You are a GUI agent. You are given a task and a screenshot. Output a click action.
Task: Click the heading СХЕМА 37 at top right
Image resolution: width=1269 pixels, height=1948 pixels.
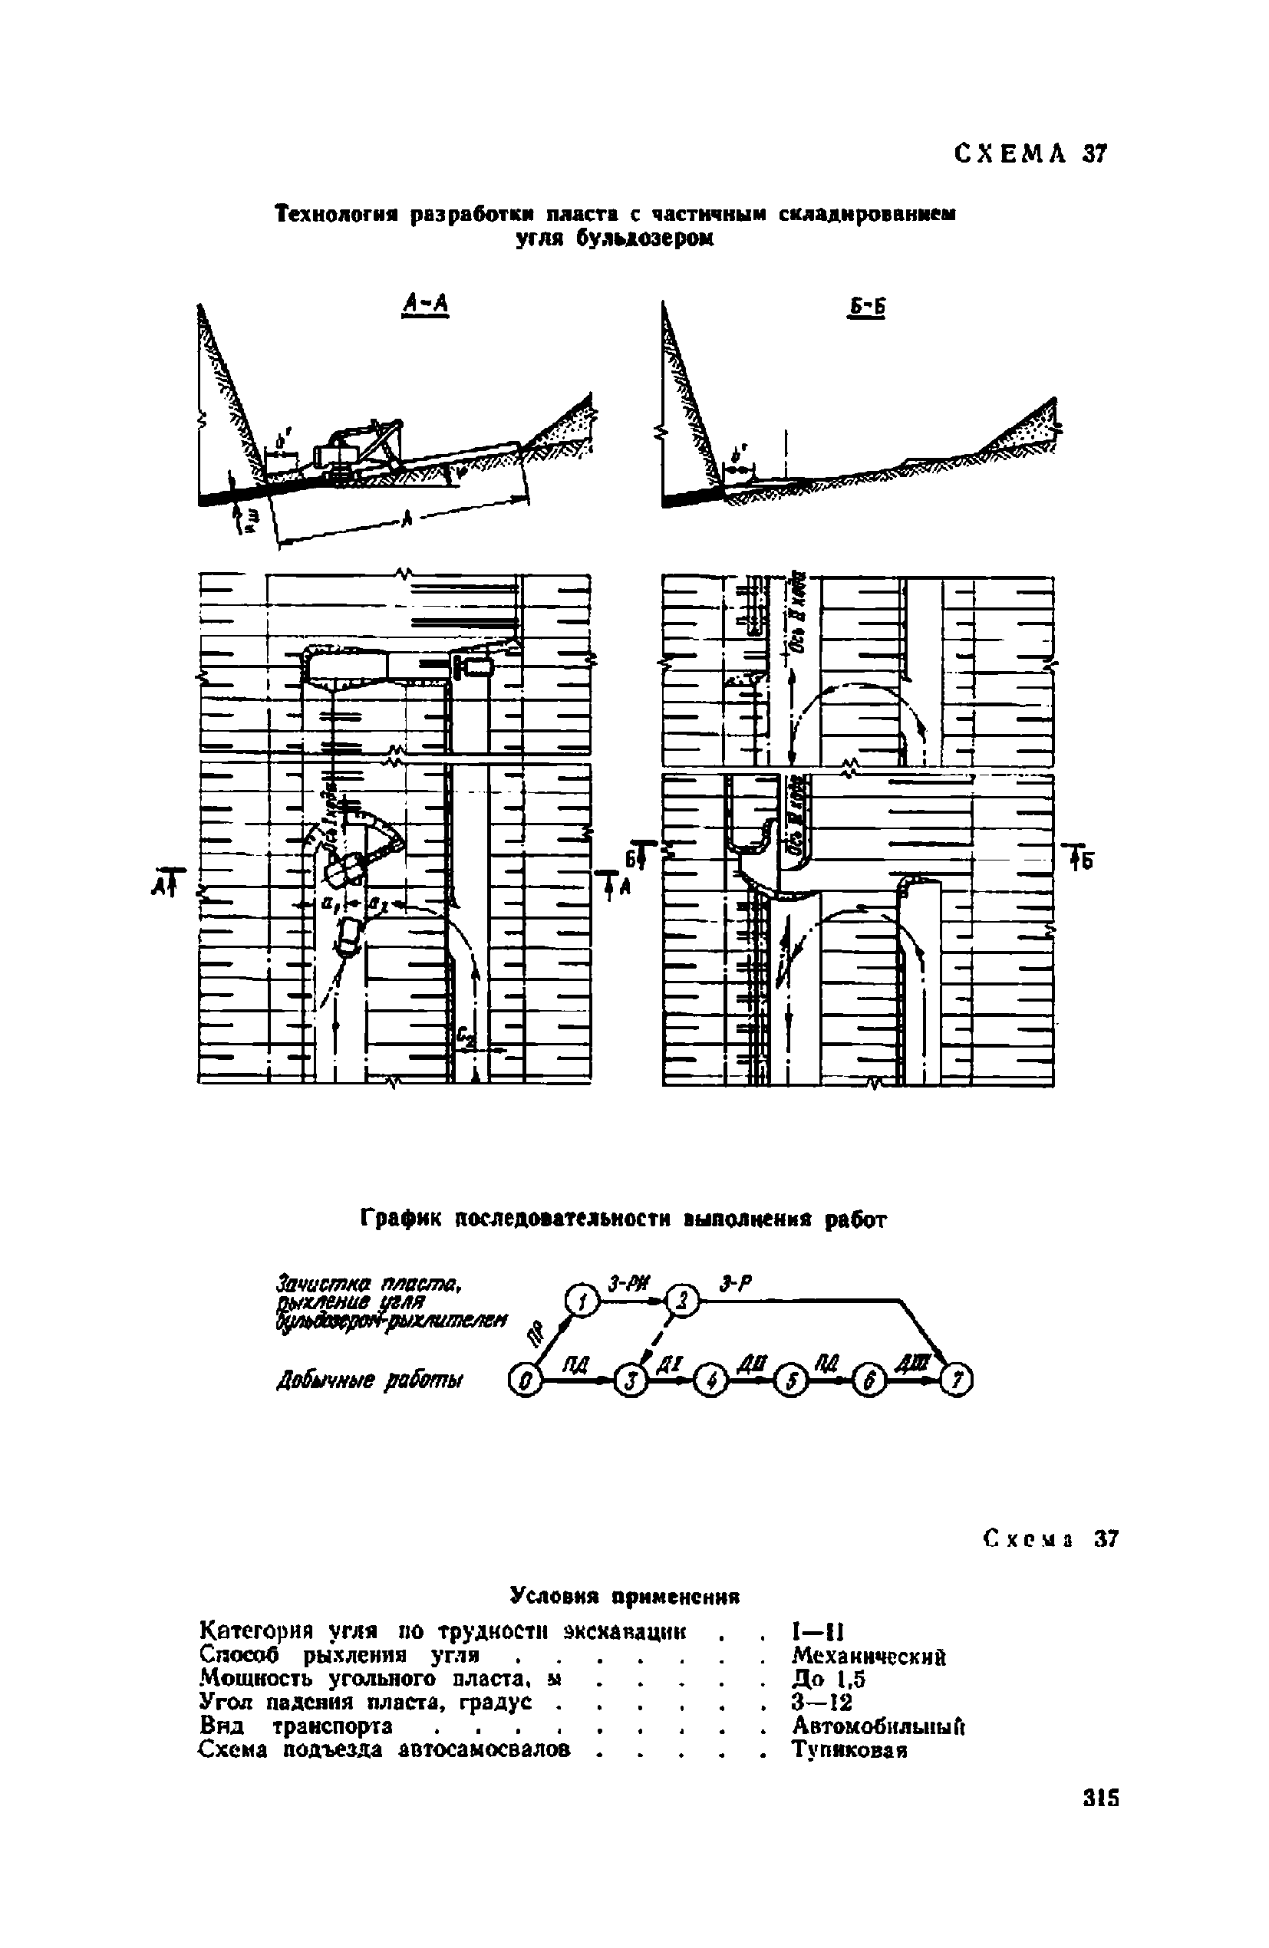1030,154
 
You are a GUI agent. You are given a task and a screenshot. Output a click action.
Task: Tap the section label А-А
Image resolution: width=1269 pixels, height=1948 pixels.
427,304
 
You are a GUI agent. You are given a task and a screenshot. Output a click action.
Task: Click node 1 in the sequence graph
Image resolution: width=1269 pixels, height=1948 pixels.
580,1301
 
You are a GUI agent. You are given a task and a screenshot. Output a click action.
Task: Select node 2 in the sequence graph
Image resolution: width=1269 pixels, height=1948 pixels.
683,1300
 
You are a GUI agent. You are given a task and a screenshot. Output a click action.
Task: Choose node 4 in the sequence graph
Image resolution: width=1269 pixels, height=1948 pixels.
710,1383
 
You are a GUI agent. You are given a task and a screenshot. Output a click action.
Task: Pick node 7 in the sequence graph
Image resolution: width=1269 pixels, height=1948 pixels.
957,1383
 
